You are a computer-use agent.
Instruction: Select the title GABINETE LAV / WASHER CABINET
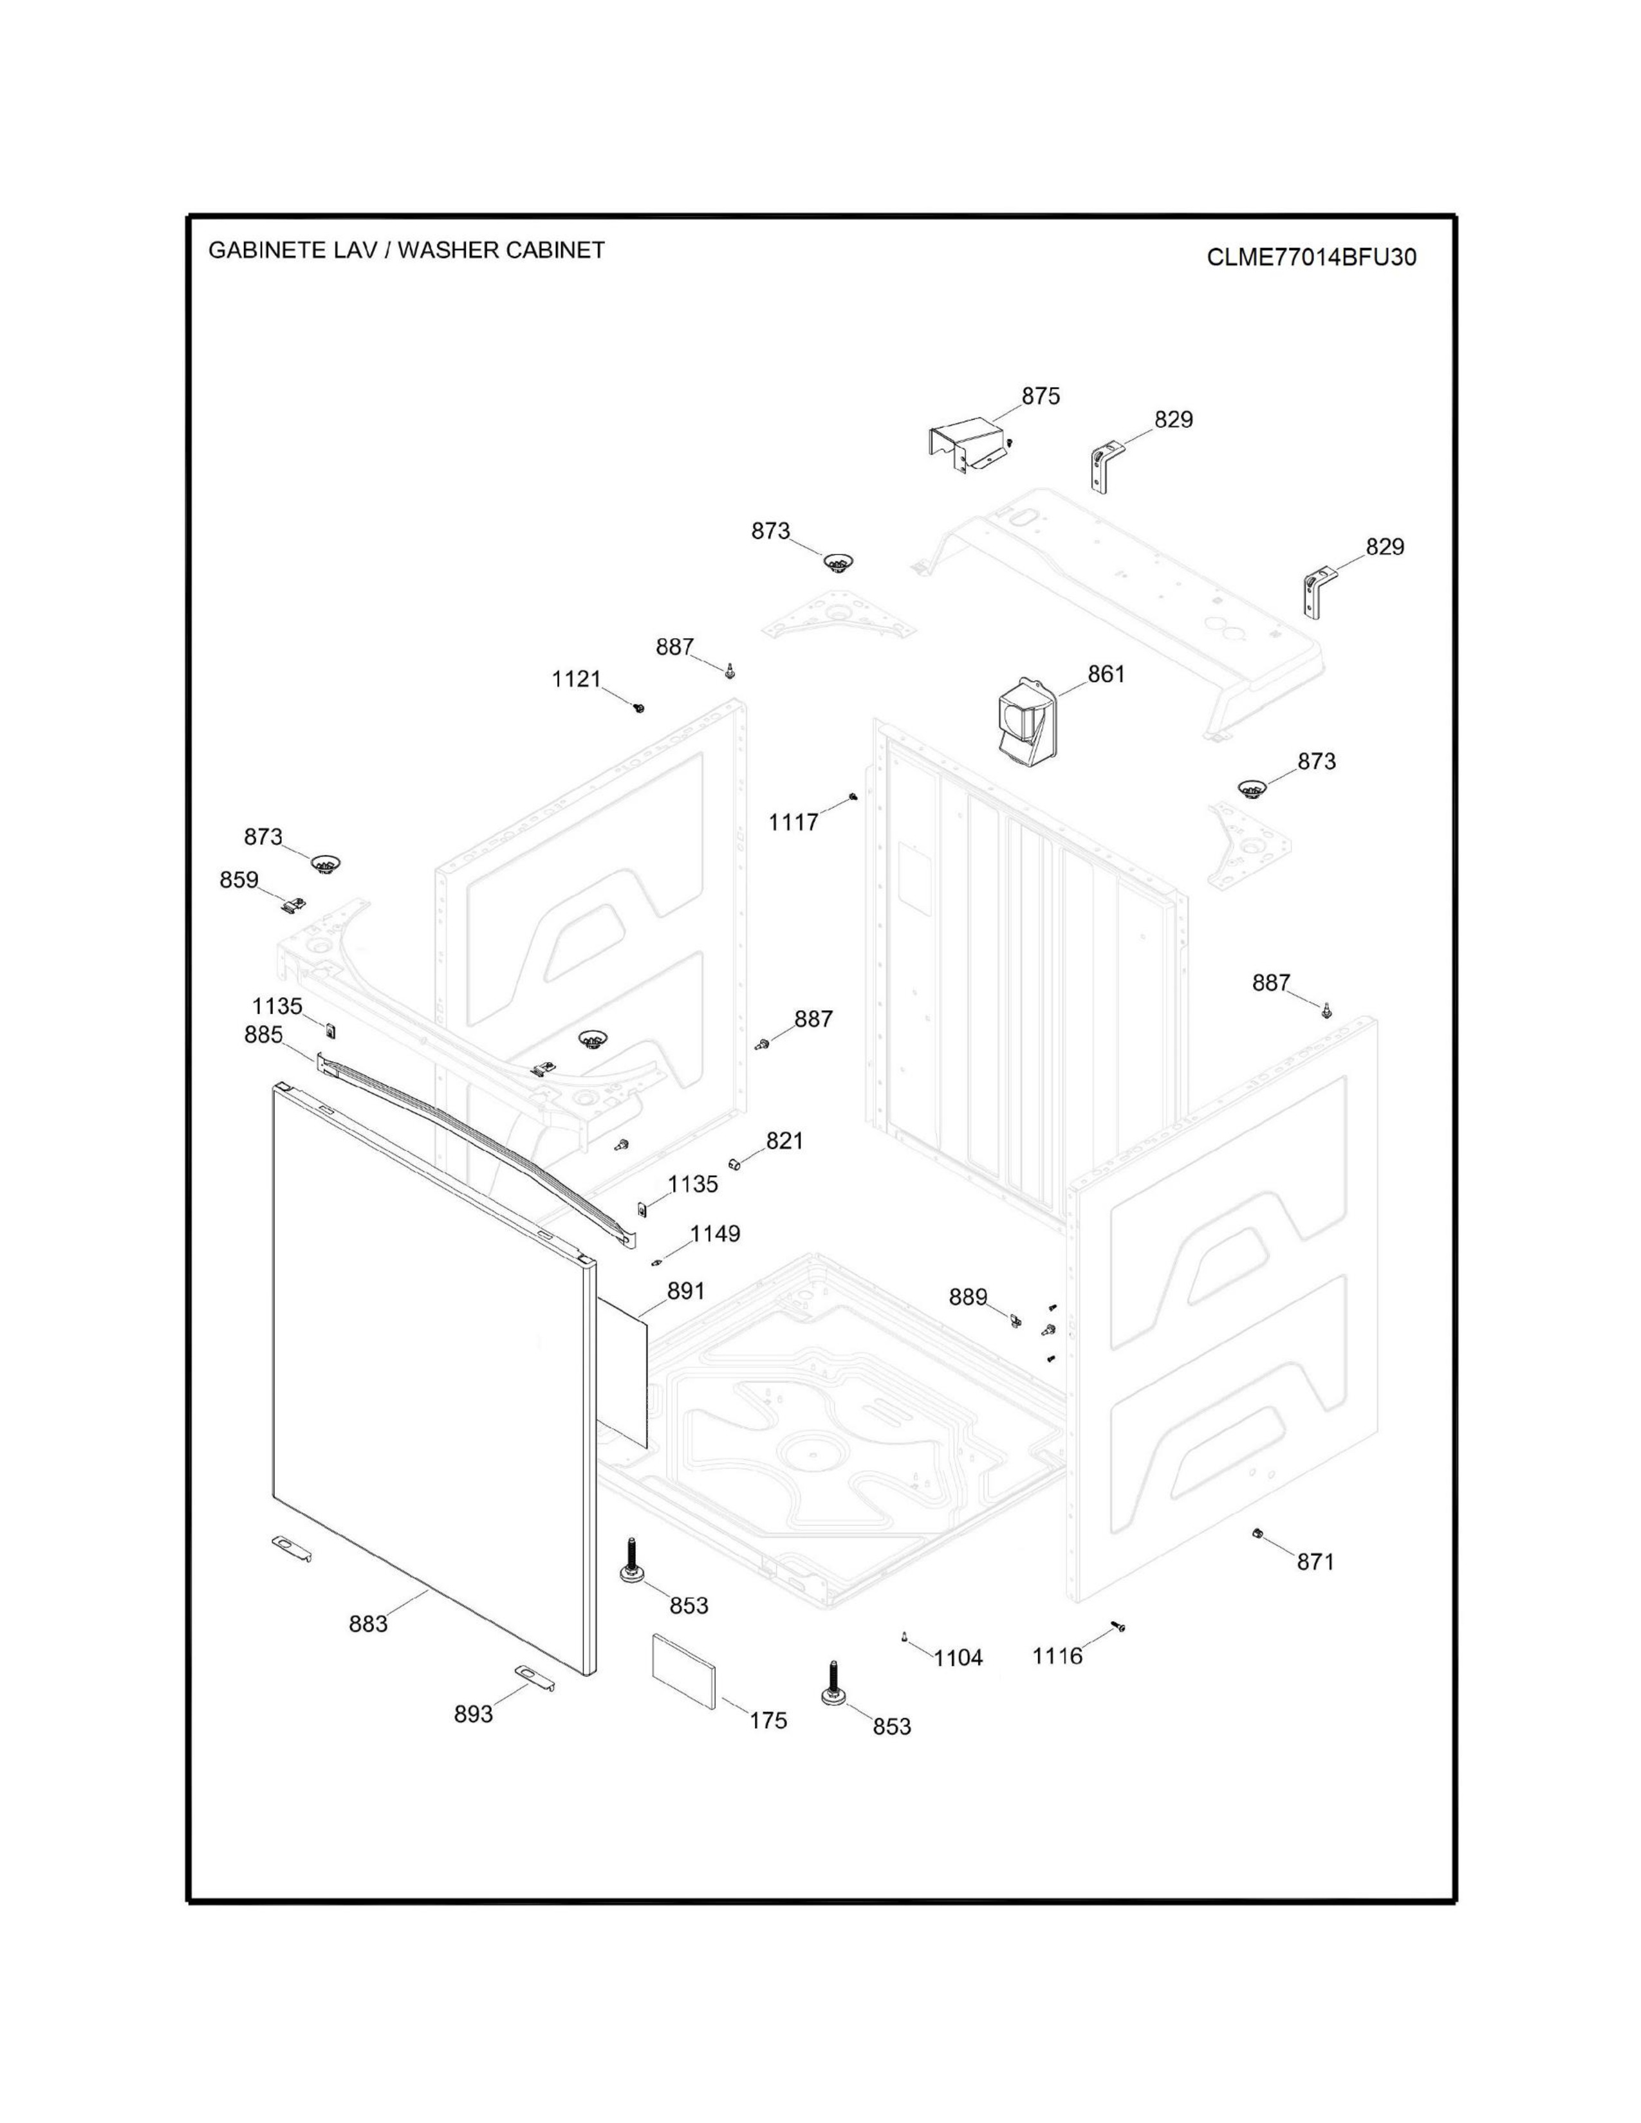tap(406, 250)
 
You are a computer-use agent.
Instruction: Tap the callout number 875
tap(1039, 396)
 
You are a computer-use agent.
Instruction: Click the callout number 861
tap(1106, 674)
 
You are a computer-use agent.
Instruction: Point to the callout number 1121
tap(577, 679)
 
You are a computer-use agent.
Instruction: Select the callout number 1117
tap(793, 822)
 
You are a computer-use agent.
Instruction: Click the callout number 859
tap(238, 879)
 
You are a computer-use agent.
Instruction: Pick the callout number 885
tap(263, 1035)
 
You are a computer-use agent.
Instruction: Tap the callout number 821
tap(784, 1140)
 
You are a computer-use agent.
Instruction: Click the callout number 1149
tap(714, 1233)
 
